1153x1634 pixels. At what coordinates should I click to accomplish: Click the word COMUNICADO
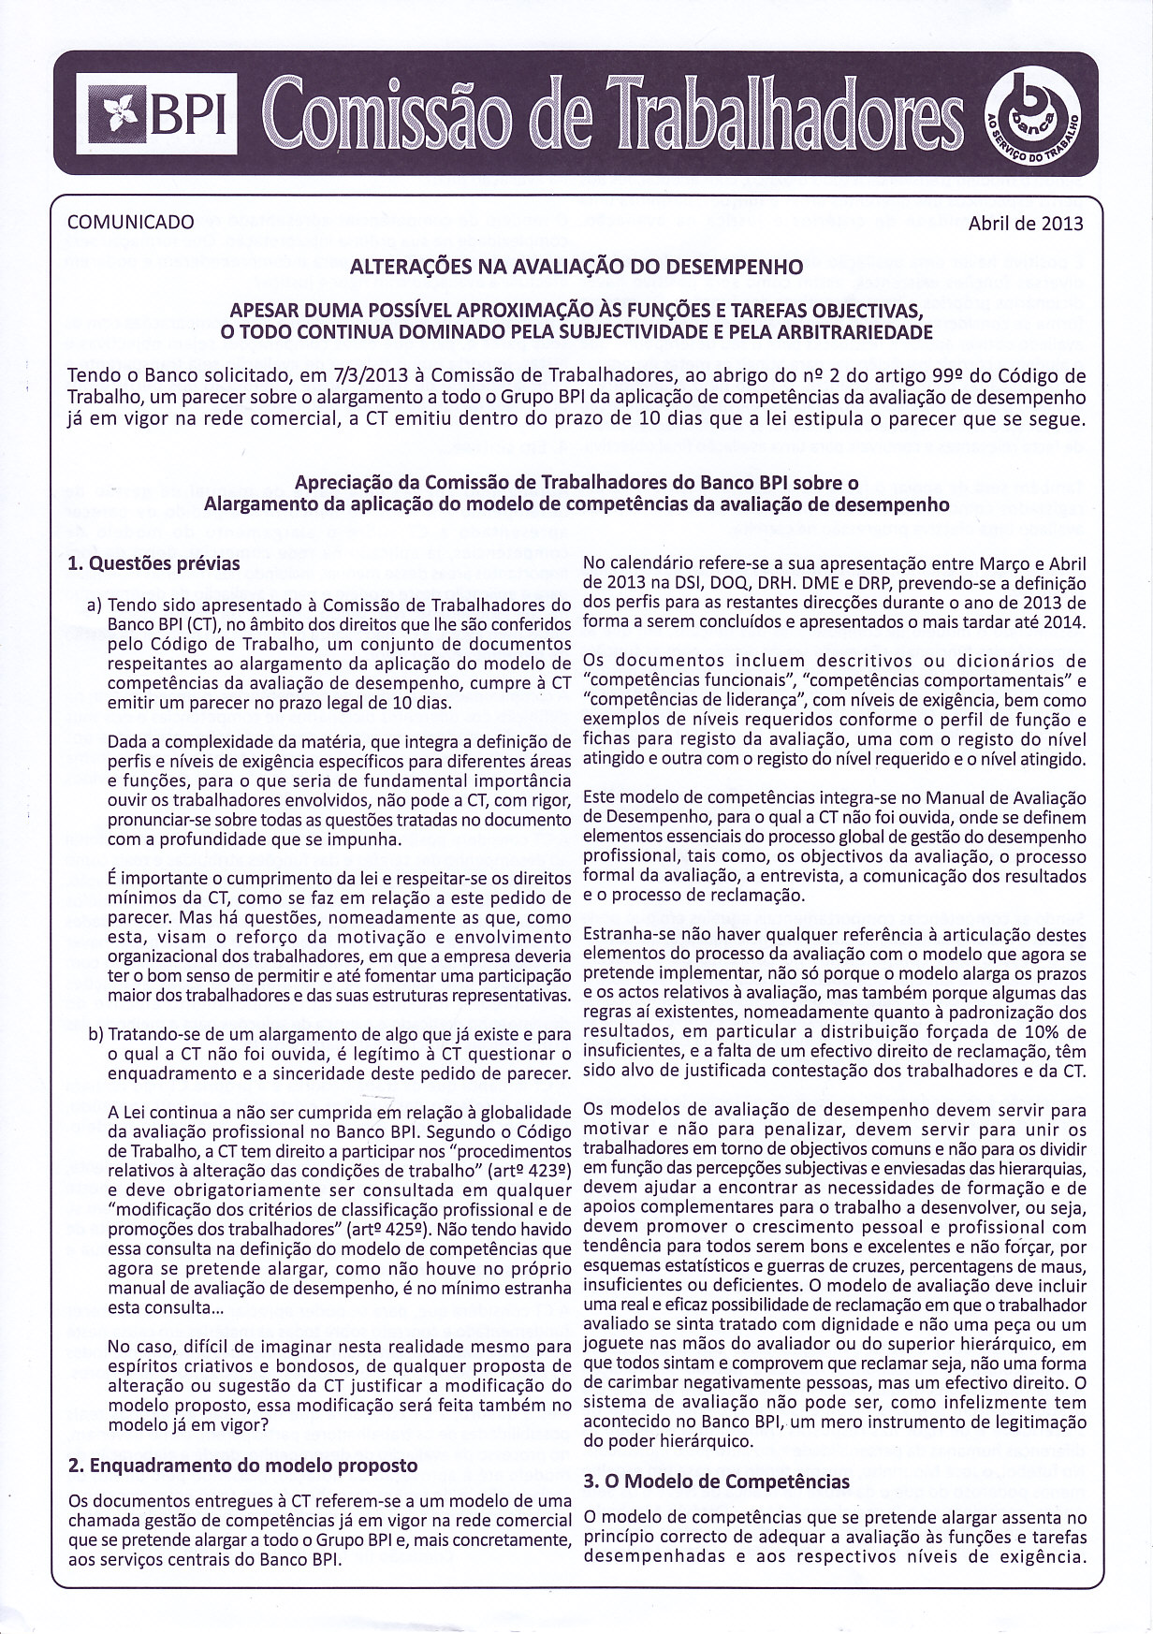pyautogui.click(x=131, y=223)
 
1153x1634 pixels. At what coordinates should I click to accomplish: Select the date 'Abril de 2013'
pyautogui.click(x=1026, y=224)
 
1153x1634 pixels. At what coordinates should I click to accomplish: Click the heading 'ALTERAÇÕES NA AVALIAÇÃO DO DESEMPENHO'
pyautogui.click(x=576, y=267)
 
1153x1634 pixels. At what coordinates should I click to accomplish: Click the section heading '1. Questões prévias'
pyautogui.click(x=154, y=564)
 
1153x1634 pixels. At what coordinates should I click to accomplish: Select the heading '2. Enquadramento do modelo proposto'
pyautogui.click(x=243, y=1465)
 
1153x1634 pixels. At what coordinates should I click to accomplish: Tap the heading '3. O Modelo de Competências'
pyautogui.click(x=716, y=1481)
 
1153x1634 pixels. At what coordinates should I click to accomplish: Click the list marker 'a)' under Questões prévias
pyautogui.click(x=94, y=605)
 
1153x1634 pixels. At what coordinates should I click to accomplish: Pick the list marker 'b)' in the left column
pyautogui.click(x=95, y=1036)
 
